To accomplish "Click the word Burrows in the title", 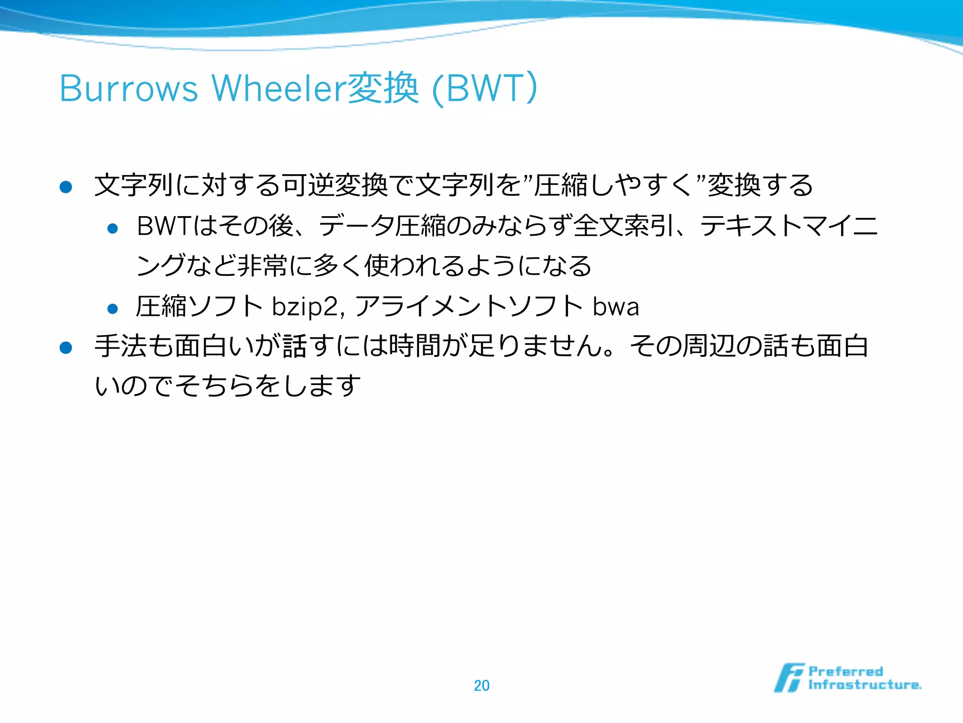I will [129, 88].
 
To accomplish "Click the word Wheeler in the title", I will [279, 88].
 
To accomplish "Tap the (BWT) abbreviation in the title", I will [484, 88].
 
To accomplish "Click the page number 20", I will [481, 685].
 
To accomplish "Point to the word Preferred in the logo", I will [845, 671].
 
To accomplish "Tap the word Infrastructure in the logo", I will [864, 685].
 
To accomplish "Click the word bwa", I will [616, 307].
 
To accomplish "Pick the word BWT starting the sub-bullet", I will [163, 226].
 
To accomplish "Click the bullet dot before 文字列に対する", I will [66, 187].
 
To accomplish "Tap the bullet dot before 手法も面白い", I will [66, 348].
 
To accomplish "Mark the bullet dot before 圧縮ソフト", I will [112, 309].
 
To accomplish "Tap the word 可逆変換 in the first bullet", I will [334, 185].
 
